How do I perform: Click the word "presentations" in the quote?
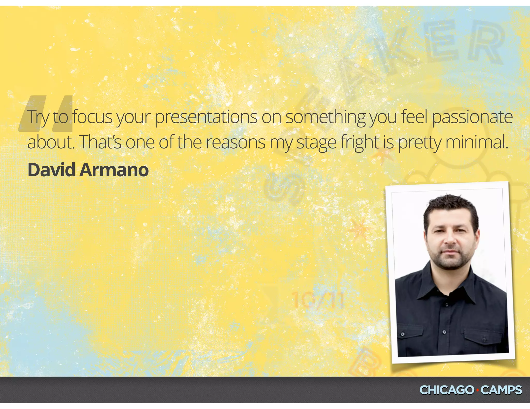tap(206, 117)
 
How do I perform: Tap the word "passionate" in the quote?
tap(472, 117)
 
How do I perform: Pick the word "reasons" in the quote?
tap(235, 142)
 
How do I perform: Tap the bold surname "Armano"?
tap(114, 170)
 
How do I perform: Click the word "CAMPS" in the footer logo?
tap(501, 390)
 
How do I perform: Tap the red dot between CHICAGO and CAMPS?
tap(477, 390)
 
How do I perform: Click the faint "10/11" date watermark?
tap(318, 300)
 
